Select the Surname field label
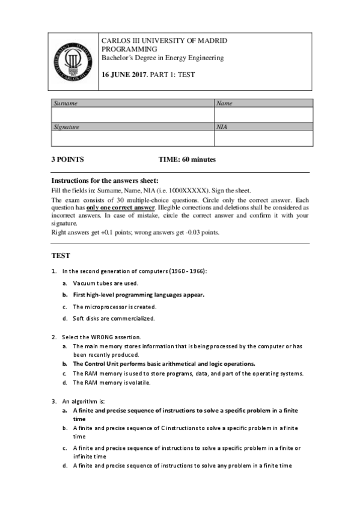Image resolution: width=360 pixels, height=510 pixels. click(66, 103)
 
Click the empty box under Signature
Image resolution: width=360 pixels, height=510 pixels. click(133, 138)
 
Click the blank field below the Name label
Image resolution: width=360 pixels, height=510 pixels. click(263, 115)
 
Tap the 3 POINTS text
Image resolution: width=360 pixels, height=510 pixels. click(67, 160)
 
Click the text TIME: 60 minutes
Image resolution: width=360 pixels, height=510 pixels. click(187, 160)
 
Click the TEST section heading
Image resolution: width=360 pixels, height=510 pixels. click(61, 255)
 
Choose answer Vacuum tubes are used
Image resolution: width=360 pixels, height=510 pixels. click(105, 283)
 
